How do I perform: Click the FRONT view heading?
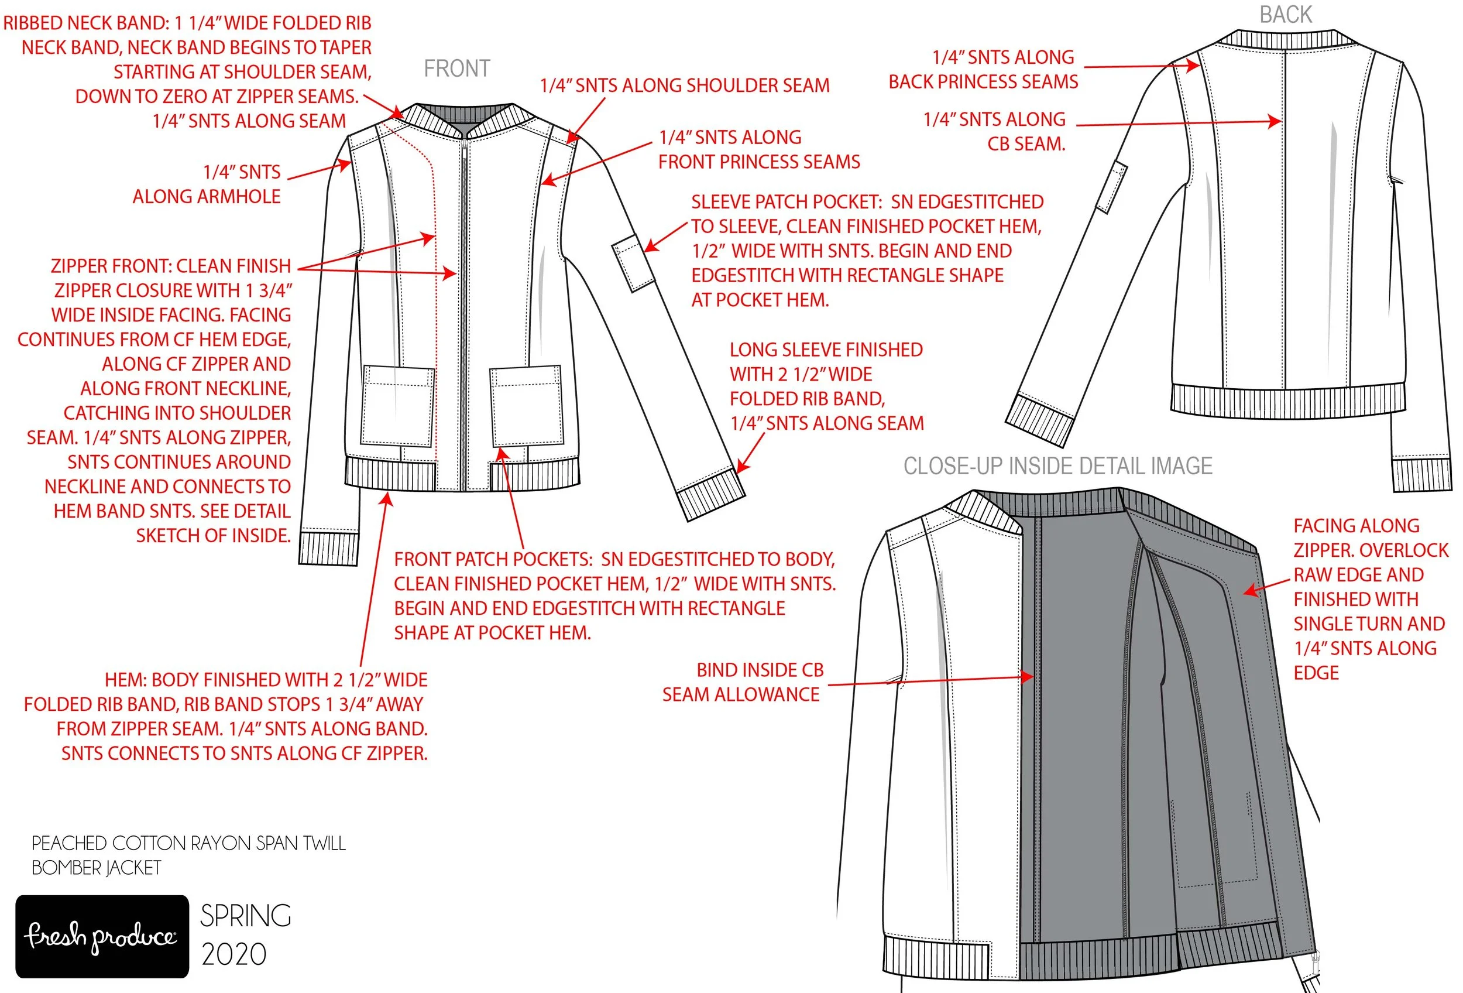tap(456, 69)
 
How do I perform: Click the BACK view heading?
tap(1286, 15)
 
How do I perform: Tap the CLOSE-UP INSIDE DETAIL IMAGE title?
tap(1057, 466)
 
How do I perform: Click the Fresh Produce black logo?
tap(102, 936)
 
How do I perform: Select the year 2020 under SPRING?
tap(234, 954)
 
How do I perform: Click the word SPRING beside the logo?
tap(246, 916)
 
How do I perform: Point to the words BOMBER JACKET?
tap(97, 868)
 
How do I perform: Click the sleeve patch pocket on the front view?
tap(633, 262)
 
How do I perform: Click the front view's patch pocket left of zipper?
tap(398, 406)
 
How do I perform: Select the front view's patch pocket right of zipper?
tap(526, 406)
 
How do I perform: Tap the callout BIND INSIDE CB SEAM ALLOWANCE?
tap(742, 682)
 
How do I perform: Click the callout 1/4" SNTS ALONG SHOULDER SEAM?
tap(684, 85)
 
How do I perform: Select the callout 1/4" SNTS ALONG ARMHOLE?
tap(208, 184)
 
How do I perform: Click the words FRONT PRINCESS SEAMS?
tap(758, 162)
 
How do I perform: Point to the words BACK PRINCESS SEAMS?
tap(983, 82)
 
